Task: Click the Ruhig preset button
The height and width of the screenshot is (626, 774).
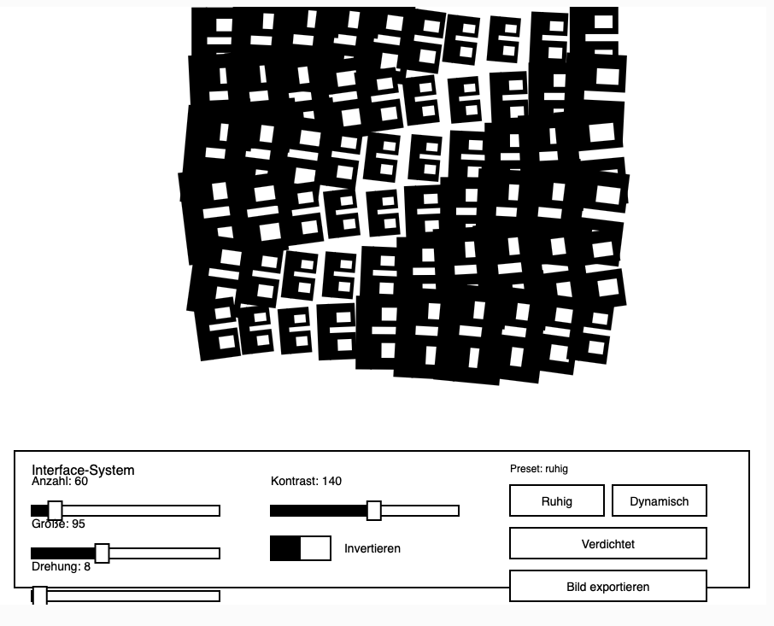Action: tap(556, 501)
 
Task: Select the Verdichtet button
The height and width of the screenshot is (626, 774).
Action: tap(607, 544)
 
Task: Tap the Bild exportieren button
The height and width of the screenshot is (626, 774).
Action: tap(607, 587)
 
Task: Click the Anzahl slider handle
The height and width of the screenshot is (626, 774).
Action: tap(56, 511)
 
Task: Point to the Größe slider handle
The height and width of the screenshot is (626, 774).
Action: tap(102, 553)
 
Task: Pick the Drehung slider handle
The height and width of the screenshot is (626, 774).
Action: tap(39, 595)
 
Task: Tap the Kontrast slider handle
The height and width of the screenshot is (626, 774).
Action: tap(373, 511)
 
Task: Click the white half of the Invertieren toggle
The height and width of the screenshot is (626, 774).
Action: tap(315, 548)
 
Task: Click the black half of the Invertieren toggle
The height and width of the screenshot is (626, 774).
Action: tap(285, 548)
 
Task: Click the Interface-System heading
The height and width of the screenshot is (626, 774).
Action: tap(83, 470)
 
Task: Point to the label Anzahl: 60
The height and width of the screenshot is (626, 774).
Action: tap(60, 482)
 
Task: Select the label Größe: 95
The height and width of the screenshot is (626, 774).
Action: tap(58, 524)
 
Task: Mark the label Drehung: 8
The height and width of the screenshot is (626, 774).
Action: tap(61, 567)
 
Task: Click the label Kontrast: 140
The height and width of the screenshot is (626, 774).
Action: tap(306, 482)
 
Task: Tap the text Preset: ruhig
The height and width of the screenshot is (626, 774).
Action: tap(538, 469)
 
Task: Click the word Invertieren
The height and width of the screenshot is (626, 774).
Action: tap(372, 548)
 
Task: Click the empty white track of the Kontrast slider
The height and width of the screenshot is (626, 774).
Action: tap(419, 511)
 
